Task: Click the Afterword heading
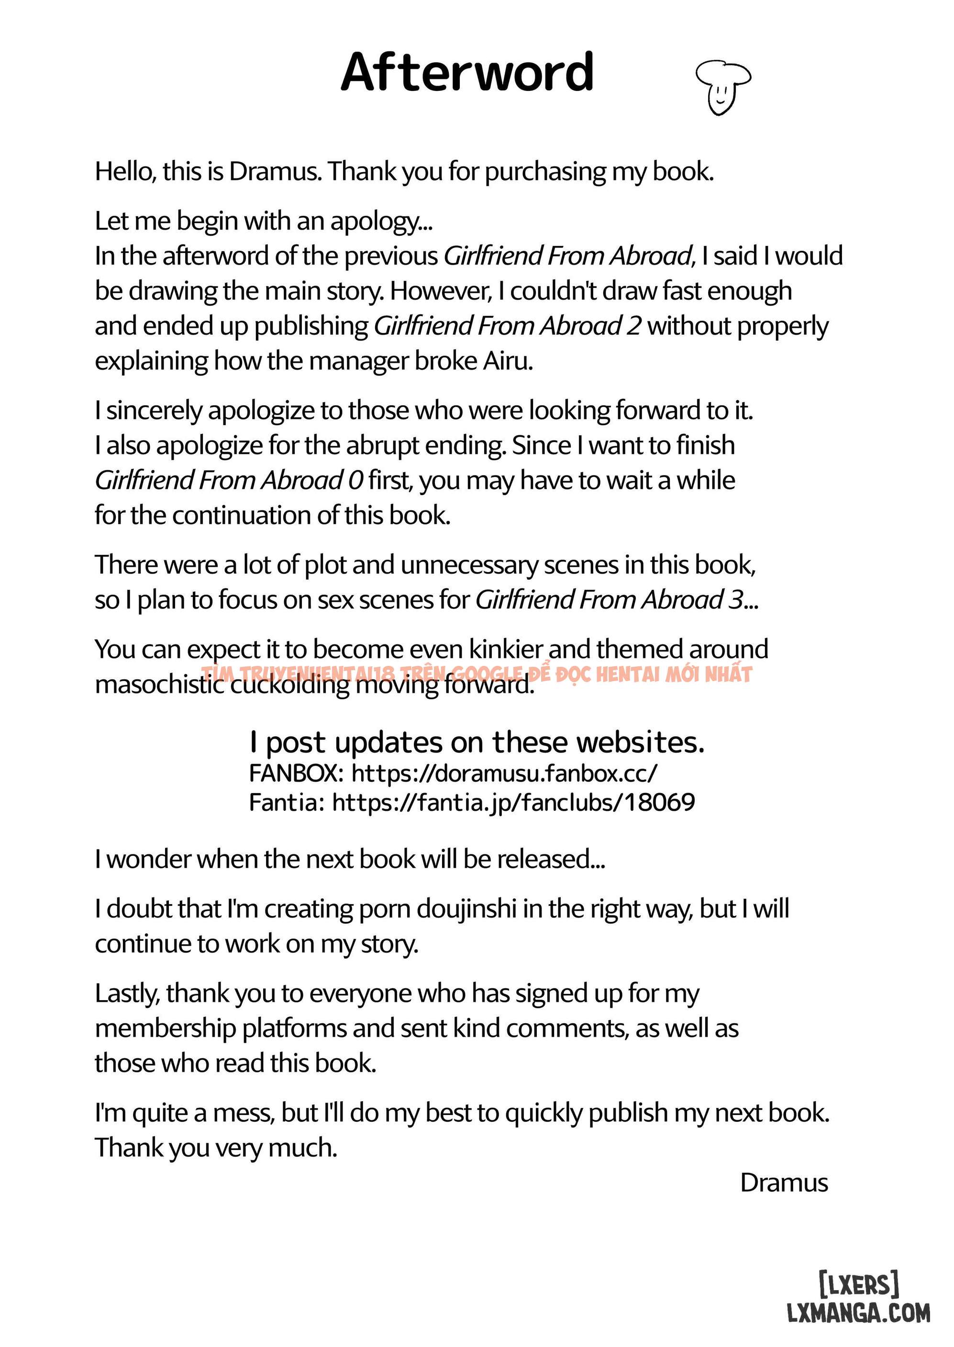coord(467,72)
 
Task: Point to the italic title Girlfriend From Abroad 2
coord(508,326)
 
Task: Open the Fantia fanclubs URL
coord(513,802)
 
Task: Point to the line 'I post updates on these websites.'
coord(477,742)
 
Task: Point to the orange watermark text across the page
coord(477,674)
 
